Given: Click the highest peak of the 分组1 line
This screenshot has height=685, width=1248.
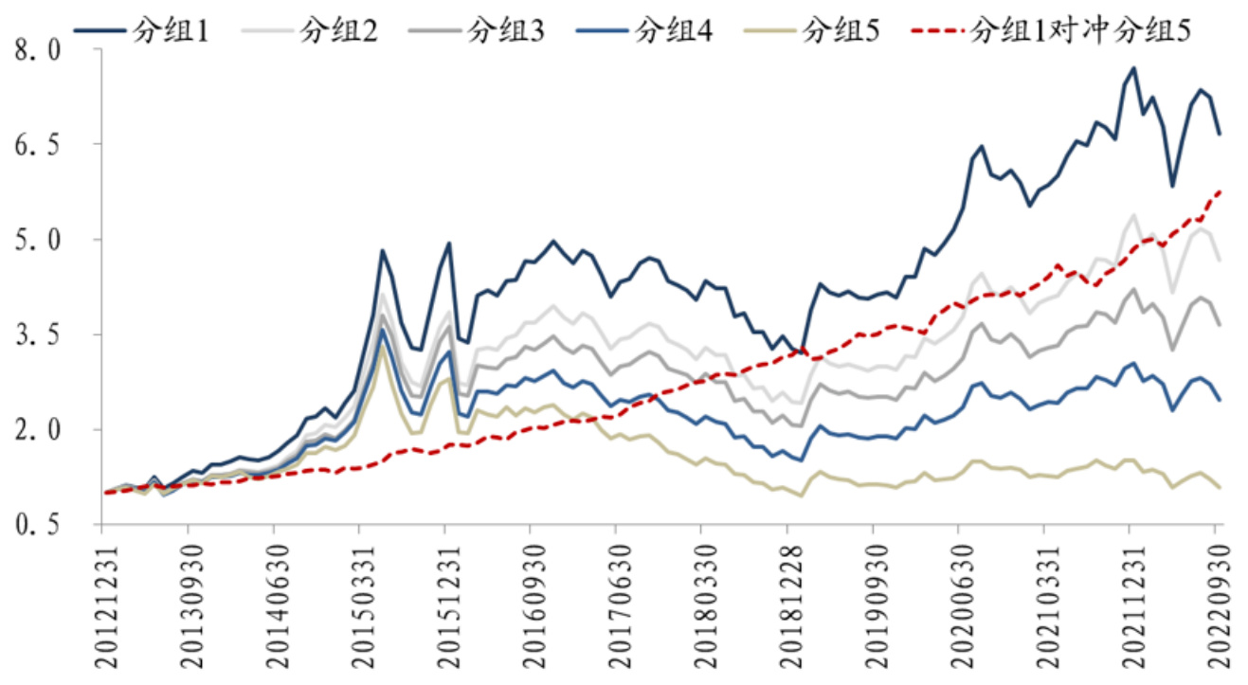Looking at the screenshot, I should coord(1133,68).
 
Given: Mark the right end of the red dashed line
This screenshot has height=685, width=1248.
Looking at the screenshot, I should coord(1220,190).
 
